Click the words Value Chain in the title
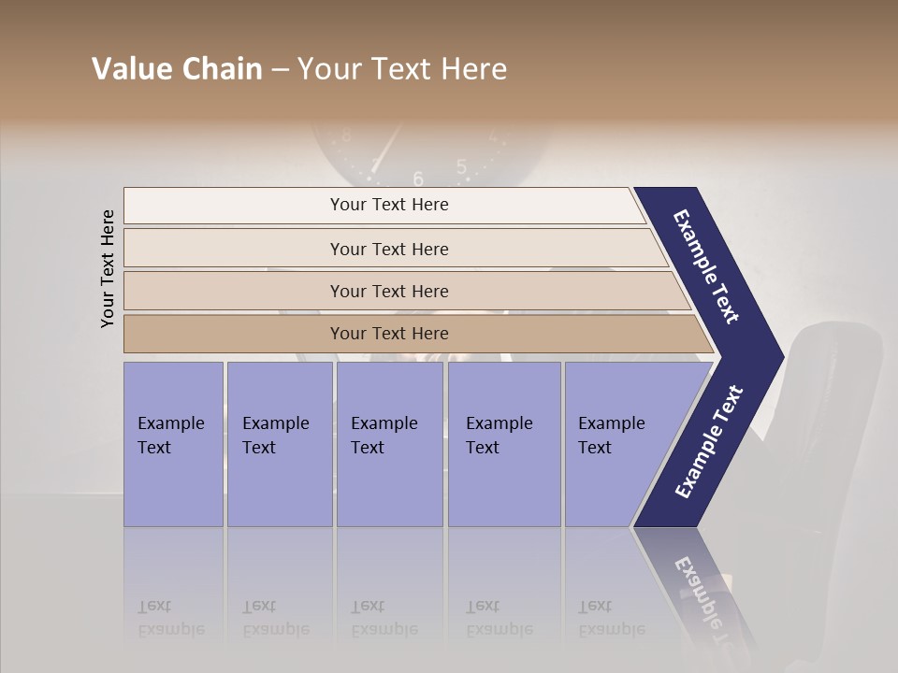[177, 69]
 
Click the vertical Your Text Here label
[108, 268]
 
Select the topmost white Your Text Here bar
[389, 205]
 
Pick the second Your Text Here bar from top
[389, 249]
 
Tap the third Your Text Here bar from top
[389, 291]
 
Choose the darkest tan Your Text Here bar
[389, 334]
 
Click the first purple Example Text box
[173, 444]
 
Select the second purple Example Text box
[279, 444]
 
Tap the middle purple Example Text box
[389, 444]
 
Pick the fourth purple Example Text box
[503, 444]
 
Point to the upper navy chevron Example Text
[706, 266]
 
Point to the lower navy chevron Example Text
[709, 442]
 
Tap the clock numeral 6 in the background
[418, 179]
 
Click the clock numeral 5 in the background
[461, 166]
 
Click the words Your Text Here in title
[402, 69]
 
